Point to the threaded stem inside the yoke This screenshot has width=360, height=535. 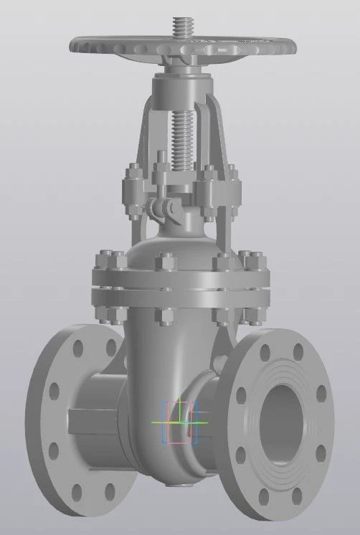(179, 136)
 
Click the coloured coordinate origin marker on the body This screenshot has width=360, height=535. (179, 422)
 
